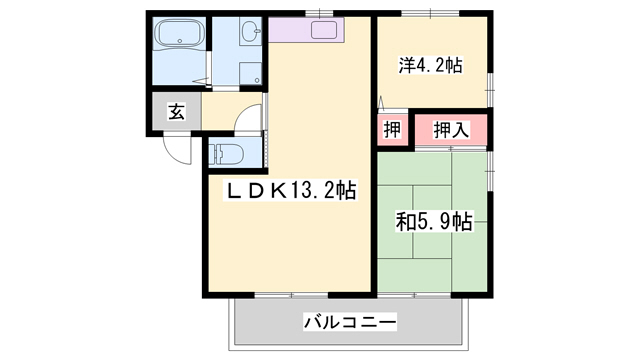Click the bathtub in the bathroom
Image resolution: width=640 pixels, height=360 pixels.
click(180, 40)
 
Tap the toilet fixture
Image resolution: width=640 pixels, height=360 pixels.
click(227, 153)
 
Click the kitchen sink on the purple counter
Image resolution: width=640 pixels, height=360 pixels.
click(325, 30)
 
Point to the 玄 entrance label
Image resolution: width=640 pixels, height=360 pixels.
click(175, 112)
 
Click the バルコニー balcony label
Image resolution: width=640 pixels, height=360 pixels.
click(350, 323)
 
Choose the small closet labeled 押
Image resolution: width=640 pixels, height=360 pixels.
click(393, 130)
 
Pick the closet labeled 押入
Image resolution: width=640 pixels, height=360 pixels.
click(451, 130)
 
